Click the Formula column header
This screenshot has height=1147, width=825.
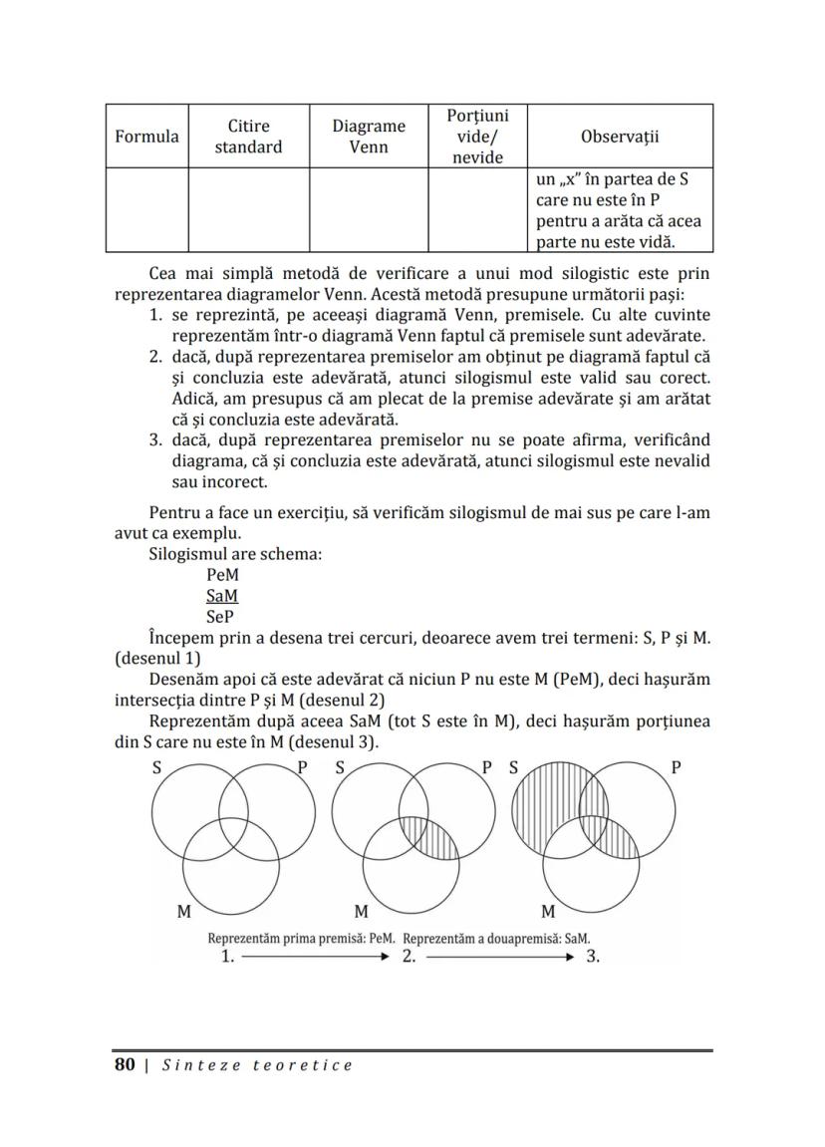click(x=146, y=137)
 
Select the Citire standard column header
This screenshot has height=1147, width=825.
click(x=248, y=137)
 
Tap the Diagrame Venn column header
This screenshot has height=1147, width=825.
click(x=369, y=137)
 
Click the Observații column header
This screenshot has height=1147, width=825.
click(x=620, y=137)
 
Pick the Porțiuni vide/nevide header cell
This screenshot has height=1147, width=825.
click(x=477, y=137)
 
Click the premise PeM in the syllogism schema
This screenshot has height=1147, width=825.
click(x=222, y=575)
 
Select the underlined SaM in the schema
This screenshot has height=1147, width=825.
click(x=222, y=595)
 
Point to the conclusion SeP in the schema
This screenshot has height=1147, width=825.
click(x=220, y=616)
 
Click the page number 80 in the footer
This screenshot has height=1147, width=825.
click(x=125, y=1065)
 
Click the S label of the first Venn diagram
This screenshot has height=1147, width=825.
click(x=156, y=768)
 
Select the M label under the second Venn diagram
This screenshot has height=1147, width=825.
click(x=362, y=911)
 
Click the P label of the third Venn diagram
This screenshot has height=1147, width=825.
click(x=676, y=768)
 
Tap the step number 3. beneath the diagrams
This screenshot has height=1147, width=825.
click(x=593, y=957)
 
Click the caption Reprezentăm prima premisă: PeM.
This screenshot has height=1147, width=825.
click(x=301, y=938)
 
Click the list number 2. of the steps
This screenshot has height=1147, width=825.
click(x=156, y=356)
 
